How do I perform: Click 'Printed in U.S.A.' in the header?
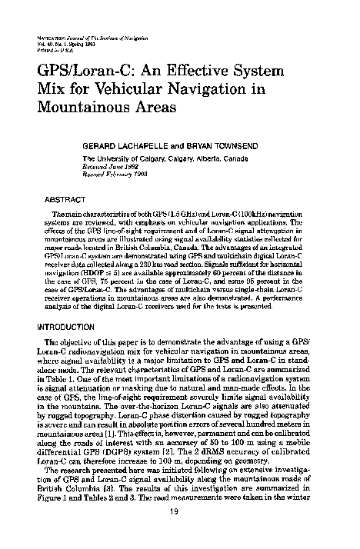(52, 48)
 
